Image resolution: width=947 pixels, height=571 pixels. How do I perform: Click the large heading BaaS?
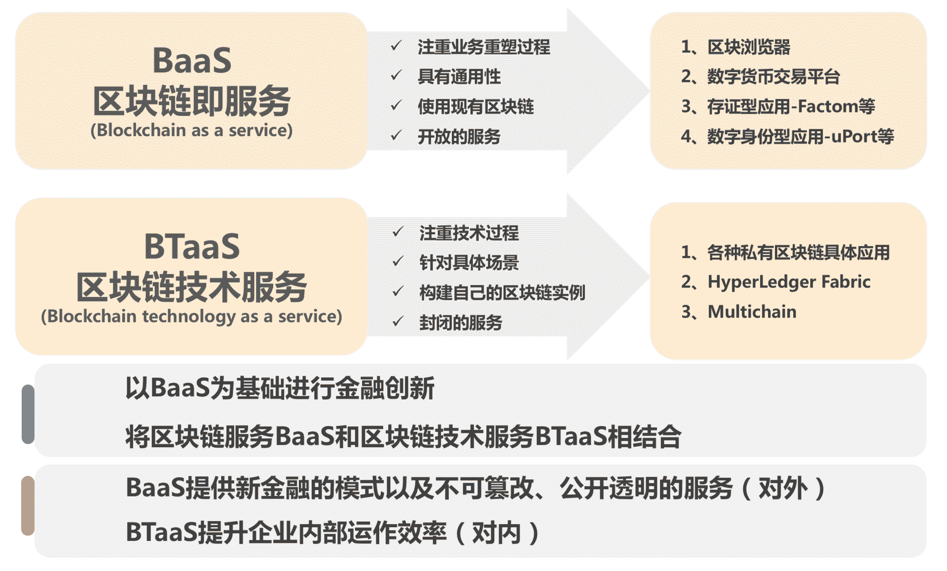(x=192, y=61)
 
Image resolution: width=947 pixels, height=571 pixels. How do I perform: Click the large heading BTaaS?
(x=192, y=246)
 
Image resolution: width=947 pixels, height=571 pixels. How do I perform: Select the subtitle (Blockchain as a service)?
(x=191, y=130)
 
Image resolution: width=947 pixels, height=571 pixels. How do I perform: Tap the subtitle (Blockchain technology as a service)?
(x=191, y=316)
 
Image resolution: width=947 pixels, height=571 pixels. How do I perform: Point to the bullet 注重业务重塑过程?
(x=483, y=47)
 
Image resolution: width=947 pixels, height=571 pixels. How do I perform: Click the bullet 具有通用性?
(x=459, y=76)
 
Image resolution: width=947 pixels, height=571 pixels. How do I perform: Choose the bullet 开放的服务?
(x=459, y=137)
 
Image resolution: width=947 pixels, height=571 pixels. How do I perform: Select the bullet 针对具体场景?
(x=469, y=262)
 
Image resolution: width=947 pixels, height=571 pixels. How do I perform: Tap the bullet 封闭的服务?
(x=461, y=322)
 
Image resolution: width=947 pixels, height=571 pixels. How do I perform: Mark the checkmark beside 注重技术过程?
(x=398, y=231)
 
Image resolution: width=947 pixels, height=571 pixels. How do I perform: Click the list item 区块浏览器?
(x=749, y=47)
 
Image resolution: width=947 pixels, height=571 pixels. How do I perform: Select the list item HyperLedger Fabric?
(x=789, y=282)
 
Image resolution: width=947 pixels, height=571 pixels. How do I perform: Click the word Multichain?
(x=752, y=312)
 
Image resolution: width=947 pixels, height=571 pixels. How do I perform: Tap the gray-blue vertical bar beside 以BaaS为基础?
(x=28, y=414)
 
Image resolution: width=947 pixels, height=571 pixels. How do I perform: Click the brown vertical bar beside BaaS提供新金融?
(x=28, y=505)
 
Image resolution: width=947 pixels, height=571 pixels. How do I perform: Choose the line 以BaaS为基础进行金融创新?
(x=280, y=388)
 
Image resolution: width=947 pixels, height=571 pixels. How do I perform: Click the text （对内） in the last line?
(x=496, y=533)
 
